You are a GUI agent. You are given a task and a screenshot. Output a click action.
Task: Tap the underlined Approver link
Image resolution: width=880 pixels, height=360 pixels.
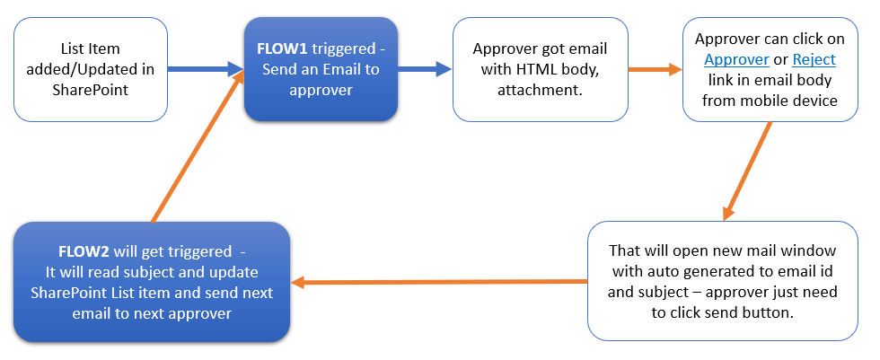[736, 60]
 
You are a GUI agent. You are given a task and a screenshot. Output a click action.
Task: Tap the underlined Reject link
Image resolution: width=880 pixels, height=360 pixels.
[814, 60]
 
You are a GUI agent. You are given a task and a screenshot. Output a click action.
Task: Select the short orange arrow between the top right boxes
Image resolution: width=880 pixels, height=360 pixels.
[655, 69]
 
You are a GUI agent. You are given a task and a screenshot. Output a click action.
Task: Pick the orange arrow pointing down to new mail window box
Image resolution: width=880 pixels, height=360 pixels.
[747, 171]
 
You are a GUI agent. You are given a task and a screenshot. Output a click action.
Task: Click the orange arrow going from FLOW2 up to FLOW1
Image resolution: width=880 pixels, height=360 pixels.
[198, 148]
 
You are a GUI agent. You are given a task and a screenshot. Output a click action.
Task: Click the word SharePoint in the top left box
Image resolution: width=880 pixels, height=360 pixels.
[90, 91]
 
